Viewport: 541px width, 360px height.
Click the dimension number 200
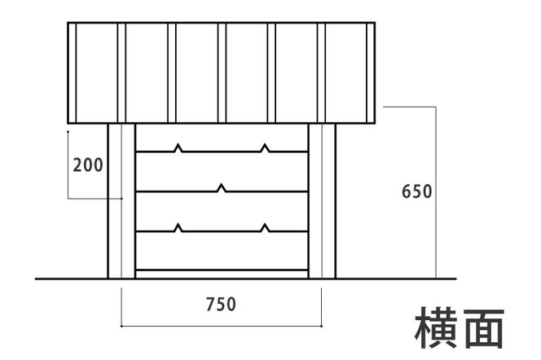(88, 165)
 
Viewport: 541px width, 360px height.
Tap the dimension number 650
(417, 191)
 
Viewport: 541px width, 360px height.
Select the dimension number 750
(221, 305)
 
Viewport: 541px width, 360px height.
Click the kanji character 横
(437, 327)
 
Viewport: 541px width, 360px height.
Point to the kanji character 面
(484, 327)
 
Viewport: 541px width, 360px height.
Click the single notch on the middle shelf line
(222, 188)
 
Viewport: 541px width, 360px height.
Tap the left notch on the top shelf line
(178, 148)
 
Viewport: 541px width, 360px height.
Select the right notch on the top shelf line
(265, 148)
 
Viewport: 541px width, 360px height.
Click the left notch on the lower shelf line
(178, 227)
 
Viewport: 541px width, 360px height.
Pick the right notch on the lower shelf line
(265, 227)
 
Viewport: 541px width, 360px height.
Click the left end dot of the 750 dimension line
(121, 326)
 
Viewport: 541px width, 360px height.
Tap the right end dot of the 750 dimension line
(322, 326)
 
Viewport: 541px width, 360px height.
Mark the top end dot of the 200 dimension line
(68, 131)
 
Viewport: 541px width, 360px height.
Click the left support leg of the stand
(121, 201)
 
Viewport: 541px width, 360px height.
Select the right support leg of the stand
(322, 201)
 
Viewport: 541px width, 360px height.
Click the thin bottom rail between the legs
(222, 274)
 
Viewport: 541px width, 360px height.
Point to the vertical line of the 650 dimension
(436, 192)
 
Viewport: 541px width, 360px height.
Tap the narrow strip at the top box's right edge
(371, 72)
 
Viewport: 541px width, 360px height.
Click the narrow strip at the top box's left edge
(72, 72)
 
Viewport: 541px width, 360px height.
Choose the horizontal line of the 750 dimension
(222, 326)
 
